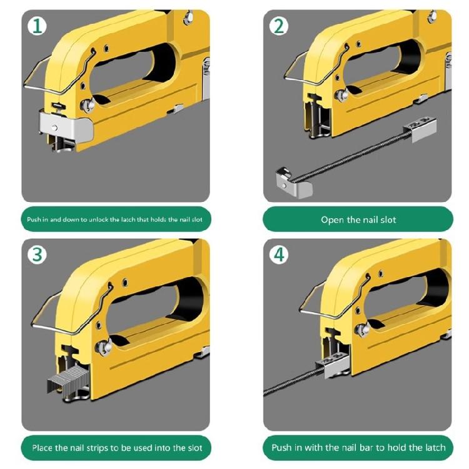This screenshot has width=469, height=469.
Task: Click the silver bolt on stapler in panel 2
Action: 341,95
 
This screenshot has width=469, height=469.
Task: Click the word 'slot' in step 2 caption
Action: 387,219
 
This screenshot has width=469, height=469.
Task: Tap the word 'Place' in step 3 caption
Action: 44,448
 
